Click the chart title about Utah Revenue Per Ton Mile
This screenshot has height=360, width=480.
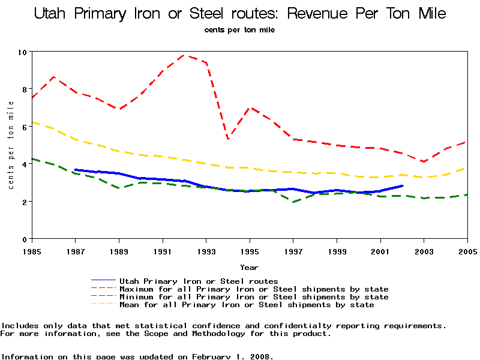coord(240,14)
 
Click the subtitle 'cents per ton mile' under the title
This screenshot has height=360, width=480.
coord(239,29)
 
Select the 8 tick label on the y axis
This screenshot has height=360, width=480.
coord(24,89)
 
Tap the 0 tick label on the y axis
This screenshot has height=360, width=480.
coord(24,239)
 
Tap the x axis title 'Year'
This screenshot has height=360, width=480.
coord(250,267)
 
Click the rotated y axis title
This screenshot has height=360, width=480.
coord(11,145)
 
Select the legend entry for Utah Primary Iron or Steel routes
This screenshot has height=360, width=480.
coord(199,281)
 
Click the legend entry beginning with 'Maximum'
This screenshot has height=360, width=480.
coord(254,289)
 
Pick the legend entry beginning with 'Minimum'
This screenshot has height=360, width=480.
coord(254,297)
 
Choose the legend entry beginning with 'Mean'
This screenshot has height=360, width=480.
coord(247,305)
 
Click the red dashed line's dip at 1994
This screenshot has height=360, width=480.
coord(228,139)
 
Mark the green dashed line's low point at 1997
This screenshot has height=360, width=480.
coord(293,202)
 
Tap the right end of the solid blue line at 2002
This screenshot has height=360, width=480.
coord(402,186)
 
